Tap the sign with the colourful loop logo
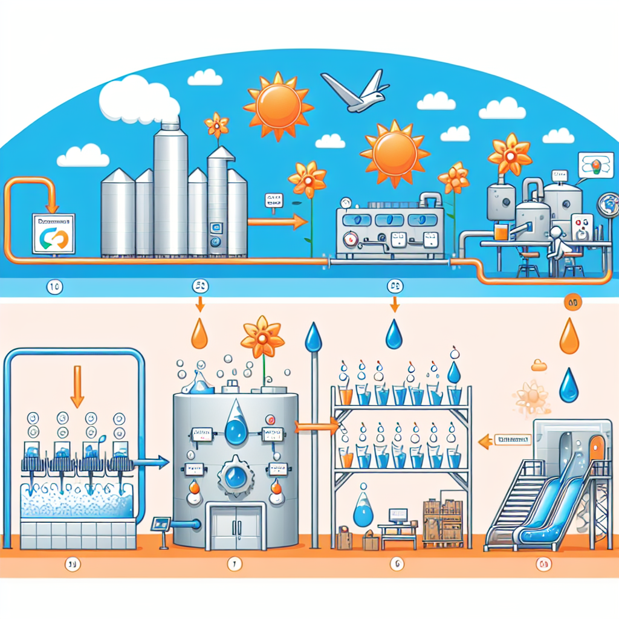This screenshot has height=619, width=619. pos(53,233)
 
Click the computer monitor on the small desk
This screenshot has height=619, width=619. pos(397,516)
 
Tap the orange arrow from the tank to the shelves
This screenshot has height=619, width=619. pos(317,427)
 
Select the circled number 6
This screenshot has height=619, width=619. pos(397,565)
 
